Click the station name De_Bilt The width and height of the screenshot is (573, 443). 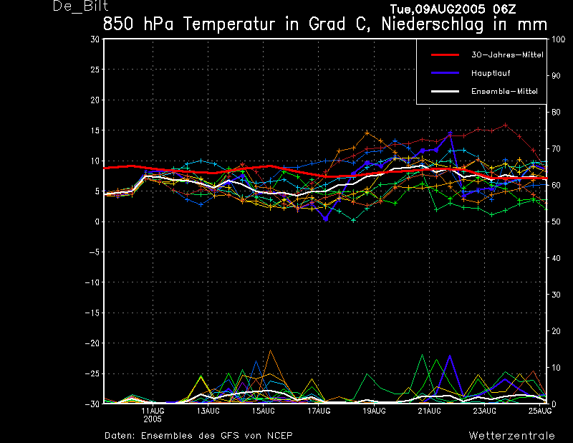point(81,6)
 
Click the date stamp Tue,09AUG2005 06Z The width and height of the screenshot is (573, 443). point(453,9)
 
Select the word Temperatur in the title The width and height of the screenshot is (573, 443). point(229,24)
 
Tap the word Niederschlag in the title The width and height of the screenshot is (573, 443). point(433,25)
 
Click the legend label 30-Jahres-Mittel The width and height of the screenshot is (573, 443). point(507,55)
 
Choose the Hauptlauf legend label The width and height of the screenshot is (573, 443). point(491,73)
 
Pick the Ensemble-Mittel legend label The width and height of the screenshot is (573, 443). point(504,92)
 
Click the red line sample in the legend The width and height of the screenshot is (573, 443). point(445,55)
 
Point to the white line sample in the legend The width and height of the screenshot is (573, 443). point(445,91)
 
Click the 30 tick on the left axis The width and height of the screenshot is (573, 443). point(95,39)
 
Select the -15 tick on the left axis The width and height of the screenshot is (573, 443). point(92,313)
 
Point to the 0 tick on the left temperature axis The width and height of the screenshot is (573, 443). point(97,221)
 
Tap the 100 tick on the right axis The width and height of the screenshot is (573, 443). point(558,39)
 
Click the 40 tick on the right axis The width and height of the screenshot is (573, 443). point(556,258)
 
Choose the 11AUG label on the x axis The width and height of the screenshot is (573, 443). point(153,411)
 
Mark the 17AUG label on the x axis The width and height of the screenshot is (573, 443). point(319,411)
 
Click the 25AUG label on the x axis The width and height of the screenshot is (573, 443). point(540,411)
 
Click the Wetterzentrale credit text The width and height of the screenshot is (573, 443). point(511,436)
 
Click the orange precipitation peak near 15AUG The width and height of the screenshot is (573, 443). point(271,351)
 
